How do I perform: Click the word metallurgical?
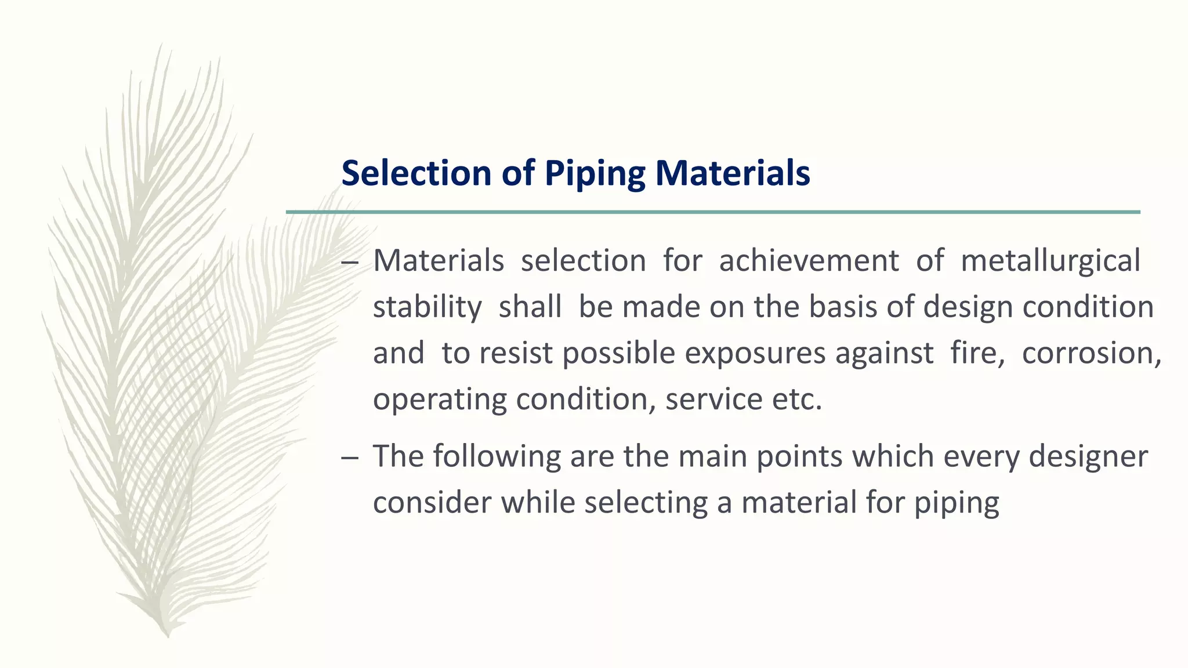tap(1051, 260)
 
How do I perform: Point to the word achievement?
tap(809, 260)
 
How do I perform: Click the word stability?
tap(427, 307)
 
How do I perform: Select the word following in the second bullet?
tap(497, 456)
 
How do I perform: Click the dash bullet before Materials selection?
tap(350, 263)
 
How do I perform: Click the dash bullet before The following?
tap(350, 458)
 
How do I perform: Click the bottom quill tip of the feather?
tap(168, 634)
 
